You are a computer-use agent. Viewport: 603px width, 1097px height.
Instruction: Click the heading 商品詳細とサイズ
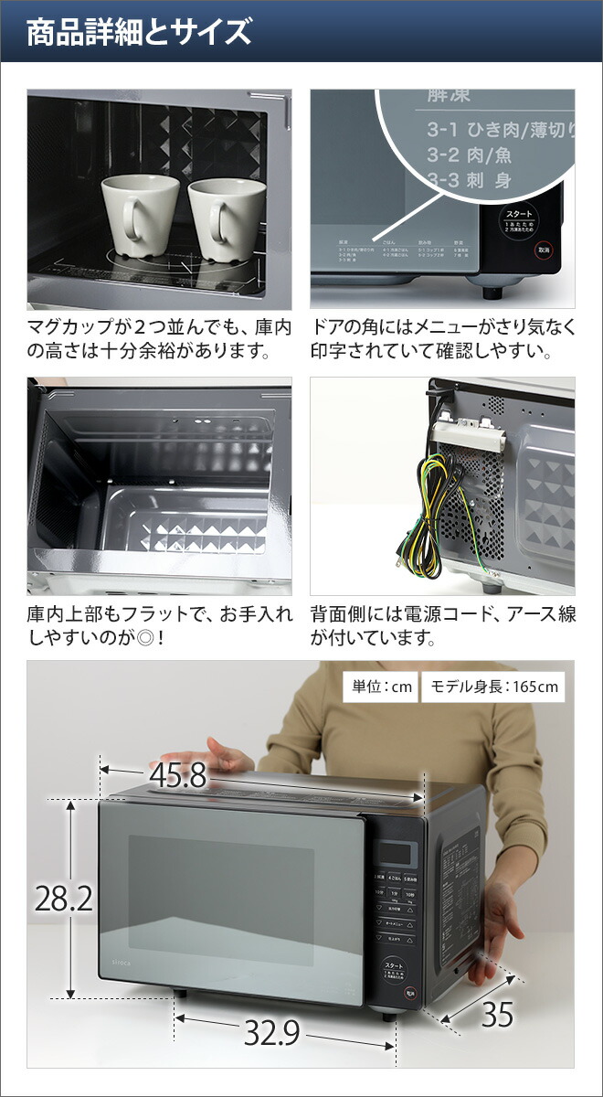138,34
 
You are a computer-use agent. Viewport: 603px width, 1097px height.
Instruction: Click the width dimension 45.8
179,775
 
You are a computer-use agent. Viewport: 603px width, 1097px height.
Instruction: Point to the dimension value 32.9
271,1032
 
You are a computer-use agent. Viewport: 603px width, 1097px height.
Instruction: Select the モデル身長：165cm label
492,687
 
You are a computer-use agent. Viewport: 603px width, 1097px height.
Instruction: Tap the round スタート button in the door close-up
519,222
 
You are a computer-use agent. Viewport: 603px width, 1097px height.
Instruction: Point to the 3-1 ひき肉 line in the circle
493,130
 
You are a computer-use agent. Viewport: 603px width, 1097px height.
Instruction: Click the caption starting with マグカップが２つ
159,337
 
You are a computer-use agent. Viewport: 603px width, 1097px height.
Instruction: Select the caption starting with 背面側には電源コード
442,625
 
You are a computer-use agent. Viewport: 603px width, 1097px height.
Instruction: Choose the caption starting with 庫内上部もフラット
159,625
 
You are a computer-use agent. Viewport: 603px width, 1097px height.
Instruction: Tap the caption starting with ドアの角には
442,337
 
